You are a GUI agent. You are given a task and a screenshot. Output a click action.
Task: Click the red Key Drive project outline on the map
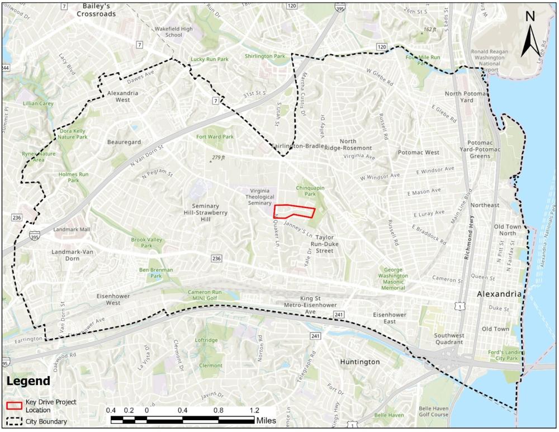(x=294, y=211)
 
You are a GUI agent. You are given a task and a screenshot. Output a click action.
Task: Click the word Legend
(x=28, y=381)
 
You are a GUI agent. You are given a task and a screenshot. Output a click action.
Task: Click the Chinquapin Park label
(x=310, y=191)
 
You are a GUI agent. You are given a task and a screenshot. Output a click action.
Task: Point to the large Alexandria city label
(x=499, y=294)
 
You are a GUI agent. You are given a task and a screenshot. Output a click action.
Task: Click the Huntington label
(x=359, y=362)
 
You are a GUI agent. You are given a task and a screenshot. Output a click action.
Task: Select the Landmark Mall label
(x=72, y=230)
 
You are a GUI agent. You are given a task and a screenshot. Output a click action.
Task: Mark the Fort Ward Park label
(x=215, y=136)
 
